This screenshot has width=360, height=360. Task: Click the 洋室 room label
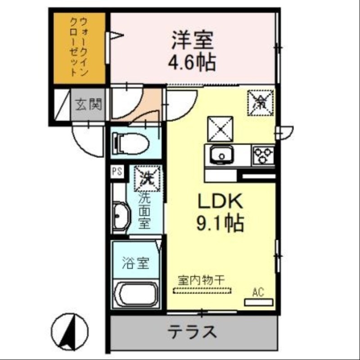(x=192, y=41)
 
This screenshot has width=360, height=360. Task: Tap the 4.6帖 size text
(x=192, y=62)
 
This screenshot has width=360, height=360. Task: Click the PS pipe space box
(x=117, y=171)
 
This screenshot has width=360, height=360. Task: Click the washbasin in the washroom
(x=120, y=218)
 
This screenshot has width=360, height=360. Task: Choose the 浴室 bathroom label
(x=135, y=263)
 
